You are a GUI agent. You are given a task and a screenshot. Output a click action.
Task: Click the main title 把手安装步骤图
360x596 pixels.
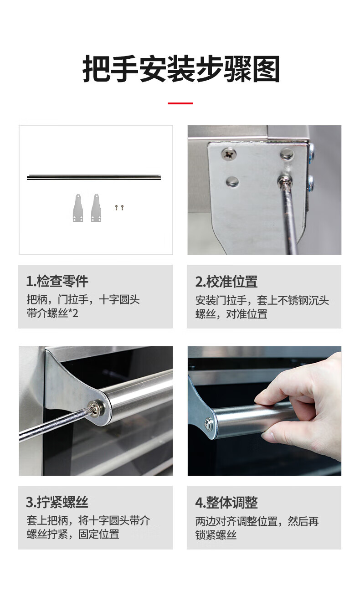(181, 69)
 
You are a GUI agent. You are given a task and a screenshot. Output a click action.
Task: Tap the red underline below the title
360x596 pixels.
(180, 103)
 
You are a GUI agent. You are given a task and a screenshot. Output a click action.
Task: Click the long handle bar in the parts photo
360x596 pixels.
(94, 177)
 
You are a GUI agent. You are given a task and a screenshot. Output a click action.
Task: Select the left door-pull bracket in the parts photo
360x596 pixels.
(77, 208)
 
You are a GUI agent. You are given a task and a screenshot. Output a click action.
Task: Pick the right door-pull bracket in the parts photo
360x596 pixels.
(96, 208)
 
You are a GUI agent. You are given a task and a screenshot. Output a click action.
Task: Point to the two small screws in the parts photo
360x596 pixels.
(119, 207)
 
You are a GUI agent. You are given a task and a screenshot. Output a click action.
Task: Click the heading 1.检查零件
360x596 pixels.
(57, 281)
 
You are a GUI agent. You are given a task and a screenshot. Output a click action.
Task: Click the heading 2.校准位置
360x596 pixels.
(226, 282)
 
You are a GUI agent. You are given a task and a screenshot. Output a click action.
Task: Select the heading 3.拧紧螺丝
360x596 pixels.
(57, 502)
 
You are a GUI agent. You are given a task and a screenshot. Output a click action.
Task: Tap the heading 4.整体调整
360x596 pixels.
(226, 502)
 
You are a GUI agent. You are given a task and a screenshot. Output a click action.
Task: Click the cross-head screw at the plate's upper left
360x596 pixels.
(229, 154)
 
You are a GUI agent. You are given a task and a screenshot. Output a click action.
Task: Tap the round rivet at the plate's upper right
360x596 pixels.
(287, 154)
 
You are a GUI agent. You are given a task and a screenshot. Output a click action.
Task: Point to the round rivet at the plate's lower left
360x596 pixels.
(232, 182)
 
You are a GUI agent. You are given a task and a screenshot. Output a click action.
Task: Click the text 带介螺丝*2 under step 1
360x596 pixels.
(52, 313)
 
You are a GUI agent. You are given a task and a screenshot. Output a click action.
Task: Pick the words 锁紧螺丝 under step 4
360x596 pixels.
(216, 534)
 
